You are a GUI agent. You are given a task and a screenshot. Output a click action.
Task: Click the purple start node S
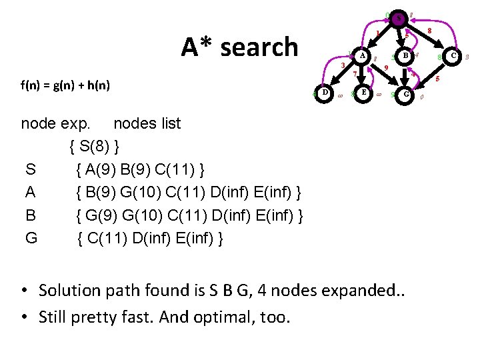pyautogui.click(x=398, y=19)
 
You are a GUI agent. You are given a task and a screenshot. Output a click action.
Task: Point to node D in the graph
pyautogui.click(x=324, y=93)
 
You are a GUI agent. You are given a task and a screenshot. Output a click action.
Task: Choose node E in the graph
pyautogui.click(x=363, y=93)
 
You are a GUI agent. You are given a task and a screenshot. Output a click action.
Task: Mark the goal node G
pyautogui.click(x=406, y=95)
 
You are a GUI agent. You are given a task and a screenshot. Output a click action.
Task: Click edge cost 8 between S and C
pyautogui.click(x=430, y=31)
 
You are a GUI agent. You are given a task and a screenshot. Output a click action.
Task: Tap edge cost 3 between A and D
pyautogui.click(x=342, y=67)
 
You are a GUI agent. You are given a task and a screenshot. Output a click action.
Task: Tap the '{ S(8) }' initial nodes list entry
pyautogui.click(x=95, y=145)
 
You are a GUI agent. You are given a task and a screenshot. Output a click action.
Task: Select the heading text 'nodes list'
pyautogui.click(x=147, y=123)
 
